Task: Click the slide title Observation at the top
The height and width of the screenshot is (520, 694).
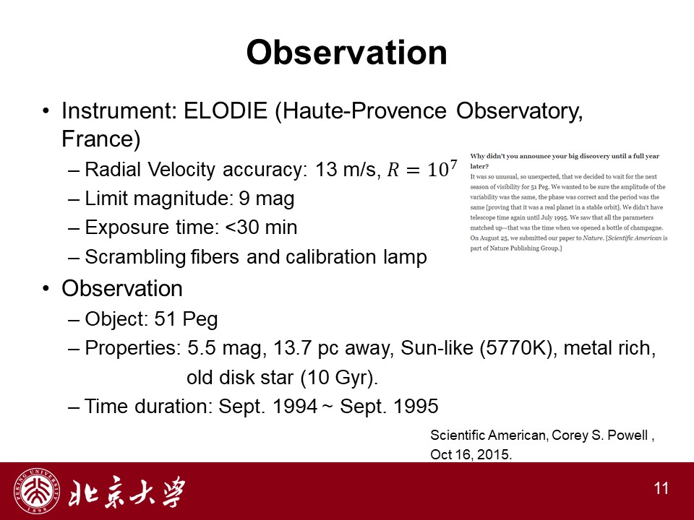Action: click(x=346, y=53)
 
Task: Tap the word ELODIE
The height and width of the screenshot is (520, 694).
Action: click(x=226, y=110)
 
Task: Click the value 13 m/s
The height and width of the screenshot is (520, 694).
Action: click(x=348, y=169)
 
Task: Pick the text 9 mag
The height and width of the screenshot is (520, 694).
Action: click(x=267, y=199)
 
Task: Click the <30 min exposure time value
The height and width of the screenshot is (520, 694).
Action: click(x=261, y=227)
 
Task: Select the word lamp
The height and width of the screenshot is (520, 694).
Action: click(x=405, y=257)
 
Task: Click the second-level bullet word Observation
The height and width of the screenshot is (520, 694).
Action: click(x=122, y=289)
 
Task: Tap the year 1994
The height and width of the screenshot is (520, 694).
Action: click(x=295, y=407)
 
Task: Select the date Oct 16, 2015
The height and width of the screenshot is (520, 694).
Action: click(x=471, y=454)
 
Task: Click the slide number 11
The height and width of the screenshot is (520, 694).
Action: click(x=661, y=489)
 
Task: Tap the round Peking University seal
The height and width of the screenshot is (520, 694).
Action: click(x=37, y=491)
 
